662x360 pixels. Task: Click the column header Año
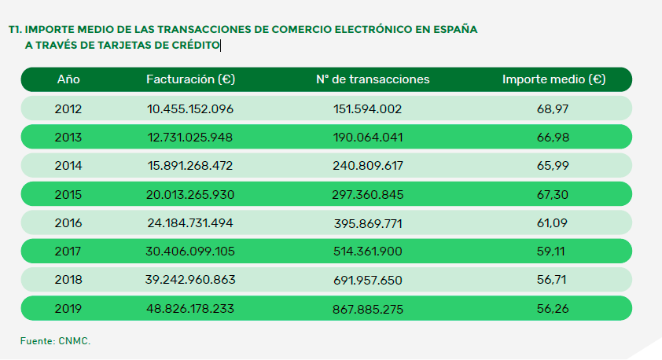(68, 79)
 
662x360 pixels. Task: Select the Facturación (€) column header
(191, 79)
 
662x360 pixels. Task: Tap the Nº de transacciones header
(373, 79)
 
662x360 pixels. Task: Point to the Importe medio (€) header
(554, 79)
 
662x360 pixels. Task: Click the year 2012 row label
(68, 108)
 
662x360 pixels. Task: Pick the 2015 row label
(68, 194)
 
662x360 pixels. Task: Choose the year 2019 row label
(68, 309)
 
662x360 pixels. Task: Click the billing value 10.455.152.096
(191, 108)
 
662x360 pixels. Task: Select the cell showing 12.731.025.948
(191, 137)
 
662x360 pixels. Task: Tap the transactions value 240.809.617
(368, 166)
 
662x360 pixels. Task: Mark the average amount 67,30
(553, 194)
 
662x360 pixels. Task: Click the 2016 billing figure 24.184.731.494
(191, 223)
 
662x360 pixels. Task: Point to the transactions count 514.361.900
(368, 252)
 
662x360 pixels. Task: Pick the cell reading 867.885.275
(368, 309)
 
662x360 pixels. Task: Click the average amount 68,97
(553, 108)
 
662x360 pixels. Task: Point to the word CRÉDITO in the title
(197, 45)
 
